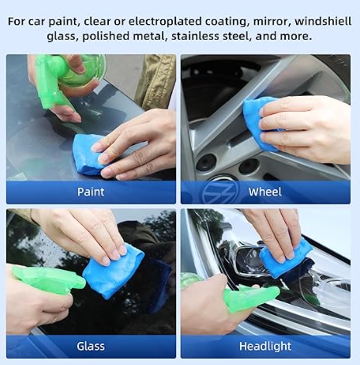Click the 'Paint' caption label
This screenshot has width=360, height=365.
click(91, 192)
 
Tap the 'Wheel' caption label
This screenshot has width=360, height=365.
click(265, 192)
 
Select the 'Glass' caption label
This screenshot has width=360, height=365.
click(91, 346)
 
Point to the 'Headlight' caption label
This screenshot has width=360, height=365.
click(265, 346)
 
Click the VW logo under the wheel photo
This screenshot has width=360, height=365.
click(220, 192)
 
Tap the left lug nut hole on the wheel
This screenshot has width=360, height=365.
click(206, 163)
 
